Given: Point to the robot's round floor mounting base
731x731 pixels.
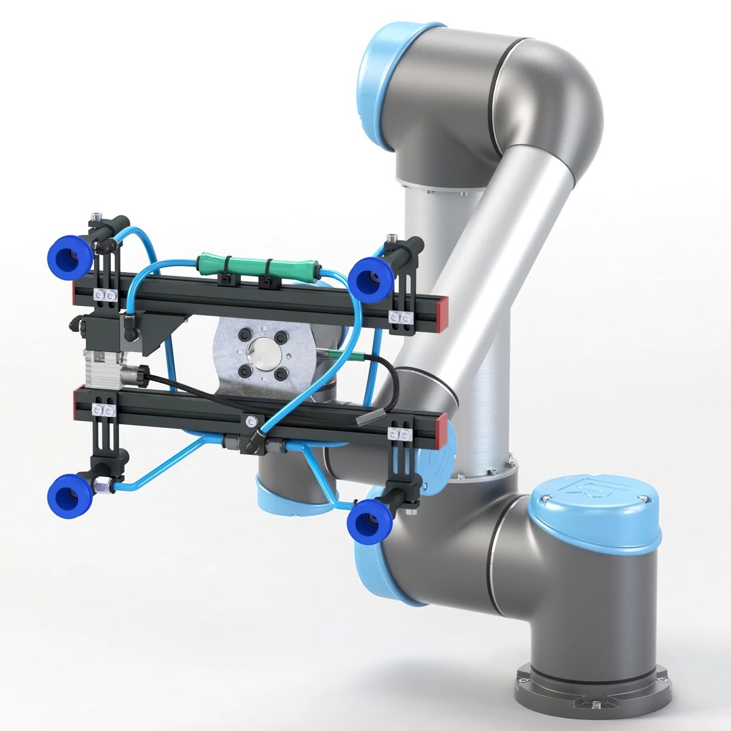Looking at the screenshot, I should pyautogui.click(x=592, y=684).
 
